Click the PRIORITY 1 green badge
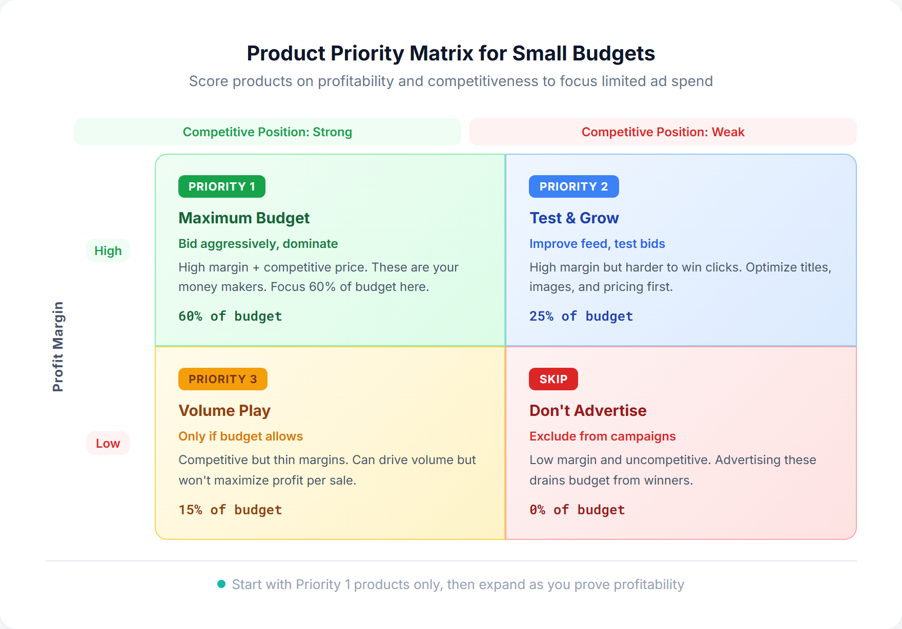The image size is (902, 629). [x=221, y=186]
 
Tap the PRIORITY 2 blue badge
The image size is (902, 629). [x=573, y=186]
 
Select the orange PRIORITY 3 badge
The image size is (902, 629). [x=222, y=379]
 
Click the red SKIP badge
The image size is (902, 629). [x=553, y=379]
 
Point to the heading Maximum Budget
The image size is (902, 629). [x=244, y=218]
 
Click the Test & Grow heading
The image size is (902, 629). [x=574, y=218]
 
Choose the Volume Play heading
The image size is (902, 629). [x=224, y=411]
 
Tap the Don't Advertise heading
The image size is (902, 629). [x=588, y=411]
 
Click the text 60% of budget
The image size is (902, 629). [x=230, y=317]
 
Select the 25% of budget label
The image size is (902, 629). [x=581, y=317]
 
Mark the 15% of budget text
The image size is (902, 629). [x=230, y=510]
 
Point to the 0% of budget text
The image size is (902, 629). [x=577, y=510]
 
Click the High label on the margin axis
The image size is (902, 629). [x=108, y=251]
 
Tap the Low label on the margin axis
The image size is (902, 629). [x=108, y=444]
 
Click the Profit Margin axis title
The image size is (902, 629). [x=58, y=347]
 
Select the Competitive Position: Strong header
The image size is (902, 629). [x=267, y=132]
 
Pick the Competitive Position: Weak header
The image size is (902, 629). [x=663, y=132]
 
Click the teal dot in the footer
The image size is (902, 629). [x=221, y=584]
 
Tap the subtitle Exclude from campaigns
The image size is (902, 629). [x=602, y=436]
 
